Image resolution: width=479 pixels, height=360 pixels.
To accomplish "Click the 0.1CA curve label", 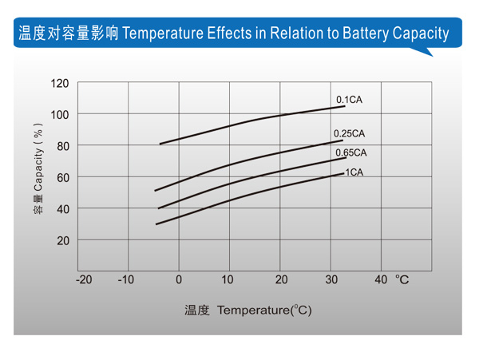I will click(x=349, y=99).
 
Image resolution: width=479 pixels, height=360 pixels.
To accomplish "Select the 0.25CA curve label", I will click(x=349, y=133).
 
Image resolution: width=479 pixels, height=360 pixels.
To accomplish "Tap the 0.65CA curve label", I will click(x=350, y=152).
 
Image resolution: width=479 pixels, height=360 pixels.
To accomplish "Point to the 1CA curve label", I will click(x=354, y=172).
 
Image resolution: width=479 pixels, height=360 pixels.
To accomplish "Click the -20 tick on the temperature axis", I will click(x=84, y=279).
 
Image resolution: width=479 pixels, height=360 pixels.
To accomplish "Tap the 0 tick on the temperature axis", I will click(x=179, y=279).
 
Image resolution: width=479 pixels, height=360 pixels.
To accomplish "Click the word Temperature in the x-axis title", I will click(x=251, y=310).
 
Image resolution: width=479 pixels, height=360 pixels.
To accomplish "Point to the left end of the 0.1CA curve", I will click(x=160, y=144).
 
